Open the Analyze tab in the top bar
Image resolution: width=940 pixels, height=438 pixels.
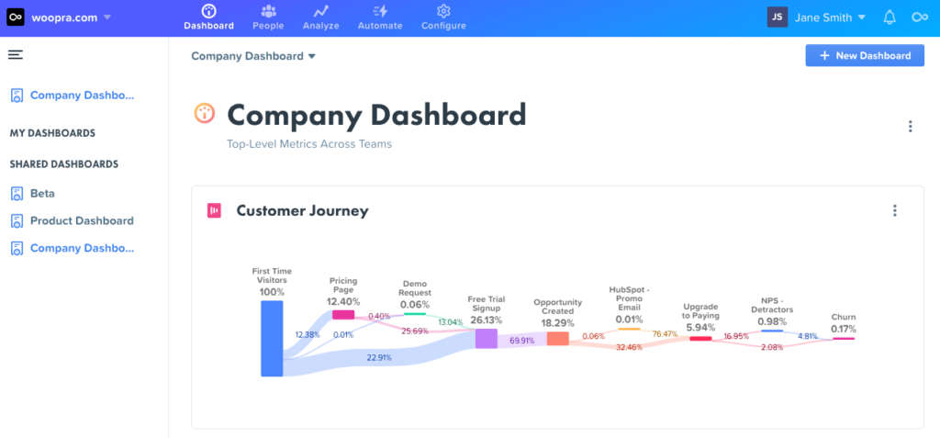coord(320,17)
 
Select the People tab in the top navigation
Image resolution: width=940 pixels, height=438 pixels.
coord(268,17)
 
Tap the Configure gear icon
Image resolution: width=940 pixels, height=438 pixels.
coord(443,12)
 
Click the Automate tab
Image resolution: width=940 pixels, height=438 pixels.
coord(379,17)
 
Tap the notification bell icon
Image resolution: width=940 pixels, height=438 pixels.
coord(889,17)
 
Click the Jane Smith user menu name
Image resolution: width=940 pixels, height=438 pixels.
coord(822,17)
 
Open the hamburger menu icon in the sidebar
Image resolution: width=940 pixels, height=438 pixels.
coord(15,55)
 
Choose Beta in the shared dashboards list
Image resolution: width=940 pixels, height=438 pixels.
coord(42,194)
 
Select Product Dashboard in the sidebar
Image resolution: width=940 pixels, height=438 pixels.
coord(82,221)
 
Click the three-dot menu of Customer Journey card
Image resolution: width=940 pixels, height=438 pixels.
coord(895,211)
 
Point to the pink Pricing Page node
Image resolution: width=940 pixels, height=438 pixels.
coord(343,314)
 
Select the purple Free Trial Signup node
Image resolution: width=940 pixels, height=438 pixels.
coord(486,338)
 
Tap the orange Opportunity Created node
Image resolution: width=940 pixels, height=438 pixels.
coord(557,338)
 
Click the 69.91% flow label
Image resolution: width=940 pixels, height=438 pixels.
coord(522,341)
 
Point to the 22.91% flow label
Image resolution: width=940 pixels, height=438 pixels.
coord(379,357)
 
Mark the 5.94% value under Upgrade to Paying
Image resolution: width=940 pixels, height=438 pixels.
coord(700,328)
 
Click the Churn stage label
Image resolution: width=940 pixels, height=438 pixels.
coord(844,317)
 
